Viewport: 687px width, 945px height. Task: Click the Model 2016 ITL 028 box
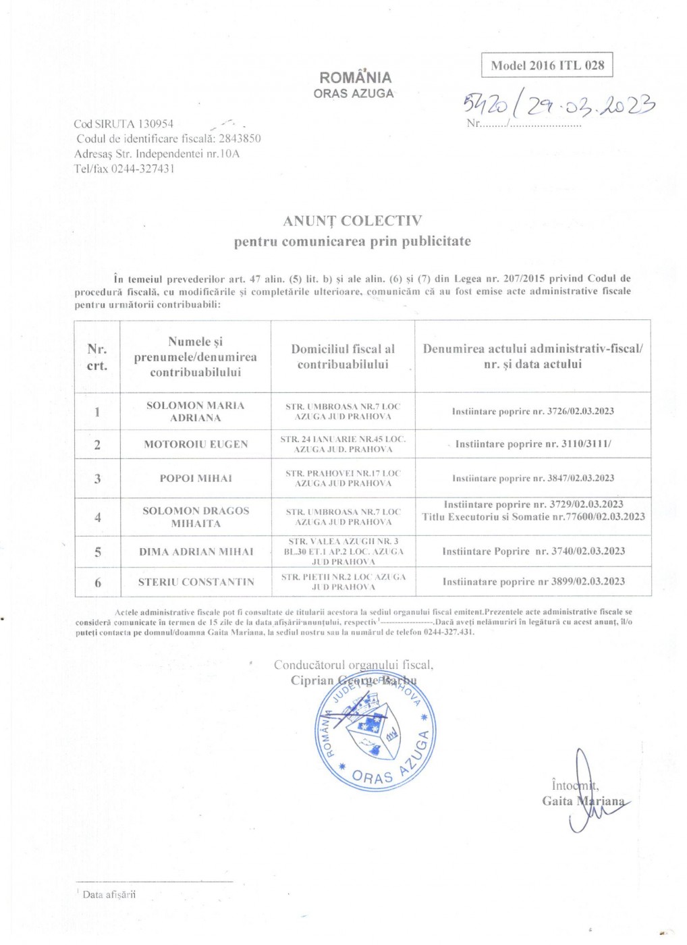(x=547, y=65)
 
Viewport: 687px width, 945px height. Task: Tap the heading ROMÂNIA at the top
(x=355, y=77)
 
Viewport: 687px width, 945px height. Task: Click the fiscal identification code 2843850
(x=240, y=138)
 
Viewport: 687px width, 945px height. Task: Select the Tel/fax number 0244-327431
(x=142, y=169)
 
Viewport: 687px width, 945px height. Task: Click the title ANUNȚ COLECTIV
(x=352, y=221)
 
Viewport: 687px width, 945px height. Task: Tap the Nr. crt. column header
(x=97, y=357)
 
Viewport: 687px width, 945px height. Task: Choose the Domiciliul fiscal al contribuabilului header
(x=343, y=356)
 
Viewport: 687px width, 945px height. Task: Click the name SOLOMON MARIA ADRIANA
(x=196, y=411)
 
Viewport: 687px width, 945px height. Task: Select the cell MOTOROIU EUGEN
(x=196, y=444)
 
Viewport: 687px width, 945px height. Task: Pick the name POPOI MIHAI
(x=196, y=478)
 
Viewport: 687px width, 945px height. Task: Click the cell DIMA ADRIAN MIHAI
(x=196, y=551)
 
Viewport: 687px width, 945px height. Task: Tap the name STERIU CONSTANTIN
(x=196, y=582)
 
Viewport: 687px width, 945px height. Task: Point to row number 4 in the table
(x=97, y=517)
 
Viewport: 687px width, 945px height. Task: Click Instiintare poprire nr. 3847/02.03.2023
(x=533, y=478)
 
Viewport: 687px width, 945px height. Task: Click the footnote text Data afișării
(x=109, y=894)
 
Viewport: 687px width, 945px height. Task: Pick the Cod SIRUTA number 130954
(x=156, y=124)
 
